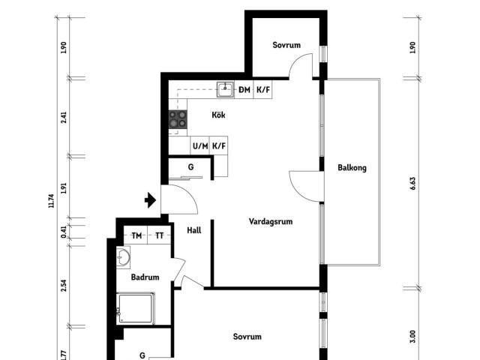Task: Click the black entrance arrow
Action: (150, 200)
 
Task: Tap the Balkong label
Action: (352, 168)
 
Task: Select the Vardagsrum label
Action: (271, 221)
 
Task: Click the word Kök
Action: (218, 115)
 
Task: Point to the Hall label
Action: (194, 230)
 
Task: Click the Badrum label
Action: (145, 277)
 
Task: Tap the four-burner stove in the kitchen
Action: (178, 119)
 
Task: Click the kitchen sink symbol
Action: (225, 89)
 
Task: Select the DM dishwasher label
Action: (244, 90)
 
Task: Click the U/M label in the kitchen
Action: (200, 146)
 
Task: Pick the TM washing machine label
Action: (136, 235)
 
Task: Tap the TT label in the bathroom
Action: (160, 235)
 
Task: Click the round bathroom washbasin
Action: (123, 257)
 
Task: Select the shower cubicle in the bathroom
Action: (135, 308)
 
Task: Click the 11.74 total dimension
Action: (51, 201)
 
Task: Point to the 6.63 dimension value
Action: (412, 183)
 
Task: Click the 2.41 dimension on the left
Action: (63, 118)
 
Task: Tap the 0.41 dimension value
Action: (63, 232)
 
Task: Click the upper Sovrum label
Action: (286, 45)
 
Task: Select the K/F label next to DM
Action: (263, 90)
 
